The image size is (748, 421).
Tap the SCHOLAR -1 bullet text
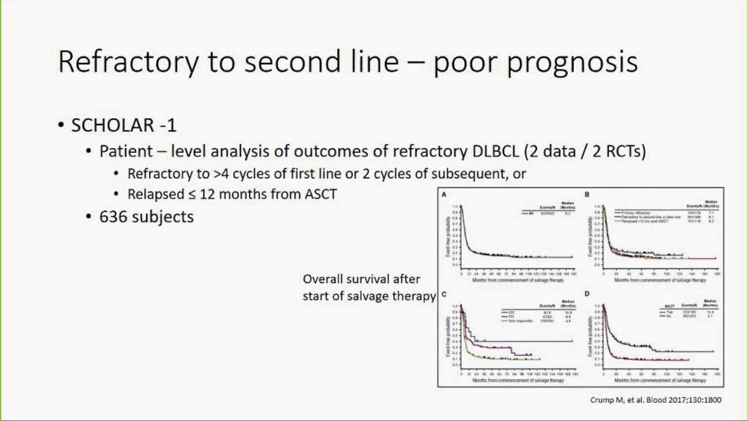(123, 125)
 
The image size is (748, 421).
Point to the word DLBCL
(495, 151)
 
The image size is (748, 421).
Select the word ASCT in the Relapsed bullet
(321, 194)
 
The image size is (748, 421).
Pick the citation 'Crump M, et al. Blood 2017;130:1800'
(656, 400)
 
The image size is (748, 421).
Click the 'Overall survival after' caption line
(361, 279)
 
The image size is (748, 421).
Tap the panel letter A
(444, 195)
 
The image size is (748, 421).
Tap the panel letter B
(587, 195)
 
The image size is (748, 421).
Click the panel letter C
(444, 294)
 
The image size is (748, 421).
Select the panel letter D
(587, 294)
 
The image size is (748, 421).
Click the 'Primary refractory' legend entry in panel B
(635, 213)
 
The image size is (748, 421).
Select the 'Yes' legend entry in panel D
(670, 312)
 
